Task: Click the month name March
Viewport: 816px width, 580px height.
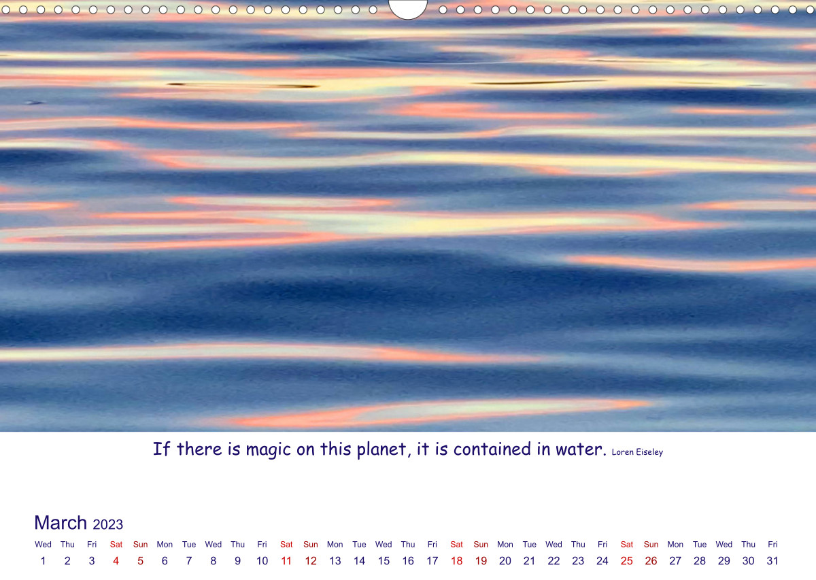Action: (61, 523)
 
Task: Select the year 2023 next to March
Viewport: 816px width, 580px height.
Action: (108, 525)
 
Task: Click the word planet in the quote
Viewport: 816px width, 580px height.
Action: (381, 450)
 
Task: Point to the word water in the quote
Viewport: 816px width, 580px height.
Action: (581, 449)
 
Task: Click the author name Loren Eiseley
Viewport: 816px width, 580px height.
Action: (637, 452)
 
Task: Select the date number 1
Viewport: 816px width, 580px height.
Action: (43, 561)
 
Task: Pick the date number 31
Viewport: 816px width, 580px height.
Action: (772, 561)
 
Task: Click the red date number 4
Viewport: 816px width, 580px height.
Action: (116, 561)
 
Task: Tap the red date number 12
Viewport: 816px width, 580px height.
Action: (310, 561)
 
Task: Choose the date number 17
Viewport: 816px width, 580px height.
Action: (432, 561)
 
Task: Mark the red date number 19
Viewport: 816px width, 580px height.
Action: (481, 561)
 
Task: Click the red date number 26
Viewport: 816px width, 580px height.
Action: (651, 561)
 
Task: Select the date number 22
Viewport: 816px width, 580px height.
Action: (554, 561)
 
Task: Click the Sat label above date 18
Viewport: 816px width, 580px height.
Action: (456, 544)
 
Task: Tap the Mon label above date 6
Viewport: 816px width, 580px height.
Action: (165, 544)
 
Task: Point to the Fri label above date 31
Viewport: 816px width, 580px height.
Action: (772, 544)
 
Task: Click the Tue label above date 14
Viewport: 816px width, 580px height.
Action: (359, 544)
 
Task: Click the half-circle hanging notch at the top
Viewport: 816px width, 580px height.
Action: (407, 10)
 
